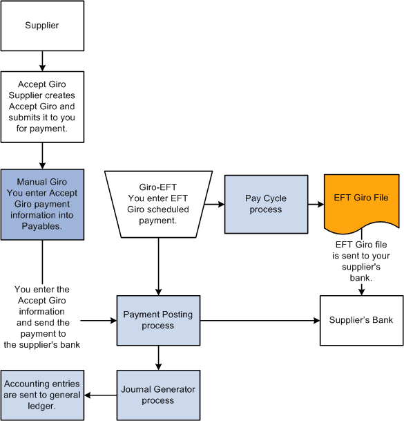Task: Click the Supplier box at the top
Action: (42, 26)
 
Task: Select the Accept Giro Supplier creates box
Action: (42, 106)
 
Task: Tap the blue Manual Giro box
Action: (42, 204)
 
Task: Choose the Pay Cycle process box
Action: (266, 204)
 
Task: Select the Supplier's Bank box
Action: (361, 320)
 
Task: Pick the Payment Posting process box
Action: (158, 320)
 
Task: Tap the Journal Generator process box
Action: (158, 395)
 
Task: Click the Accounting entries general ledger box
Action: (42, 395)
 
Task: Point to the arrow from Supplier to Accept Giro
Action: (42, 61)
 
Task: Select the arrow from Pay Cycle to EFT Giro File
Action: (315, 205)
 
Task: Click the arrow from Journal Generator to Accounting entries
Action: (100, 395)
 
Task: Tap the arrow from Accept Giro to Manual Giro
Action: (42, 155)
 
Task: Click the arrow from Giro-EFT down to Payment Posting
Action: (159, 263)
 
